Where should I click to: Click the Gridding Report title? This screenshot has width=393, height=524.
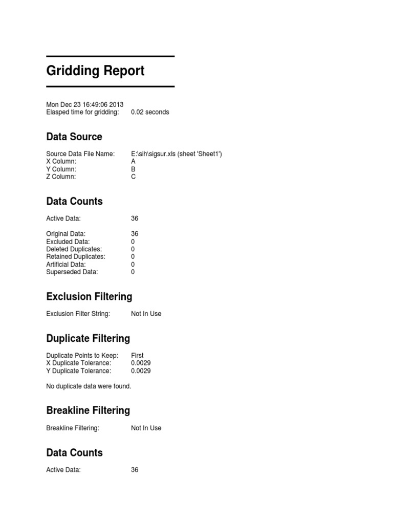click(x=95, y=71)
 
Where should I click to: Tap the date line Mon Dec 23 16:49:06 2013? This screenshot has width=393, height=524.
click(x=84, y=104)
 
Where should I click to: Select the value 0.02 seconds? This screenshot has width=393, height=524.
click(x=150, y=112)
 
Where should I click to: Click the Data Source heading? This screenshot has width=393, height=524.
click(x=74, y=137)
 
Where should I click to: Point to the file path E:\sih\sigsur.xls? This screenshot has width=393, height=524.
click(x=154, y=154)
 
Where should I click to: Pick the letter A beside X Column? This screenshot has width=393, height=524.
click(x=134, y=161)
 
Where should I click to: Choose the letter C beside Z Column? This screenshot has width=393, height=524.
click(x=134, y=177)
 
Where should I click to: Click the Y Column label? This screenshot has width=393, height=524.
click(x=61, y=169)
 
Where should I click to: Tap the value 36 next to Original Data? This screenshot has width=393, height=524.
click(x=135, y=234)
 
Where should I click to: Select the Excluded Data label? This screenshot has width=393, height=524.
click(x=68, y=242)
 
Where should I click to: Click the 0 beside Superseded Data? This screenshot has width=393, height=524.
click(x=133, y=272)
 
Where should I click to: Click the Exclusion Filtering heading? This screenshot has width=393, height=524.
click(x=89, y=297)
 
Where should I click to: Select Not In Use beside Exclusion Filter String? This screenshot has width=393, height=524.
click(x=146, y=314)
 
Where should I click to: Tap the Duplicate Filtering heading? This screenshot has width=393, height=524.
click(x=88, y=339)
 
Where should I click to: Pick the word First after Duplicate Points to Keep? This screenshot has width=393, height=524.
click(x=137, y=355)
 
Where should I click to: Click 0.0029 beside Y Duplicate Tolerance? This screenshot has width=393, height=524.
click(x=141, y=370)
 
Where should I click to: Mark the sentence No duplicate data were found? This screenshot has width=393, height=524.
click(x=89, y=386)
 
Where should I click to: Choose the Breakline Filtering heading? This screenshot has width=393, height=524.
click(x=88, y=410)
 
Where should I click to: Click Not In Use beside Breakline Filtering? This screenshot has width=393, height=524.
click(x=146, y=428)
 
